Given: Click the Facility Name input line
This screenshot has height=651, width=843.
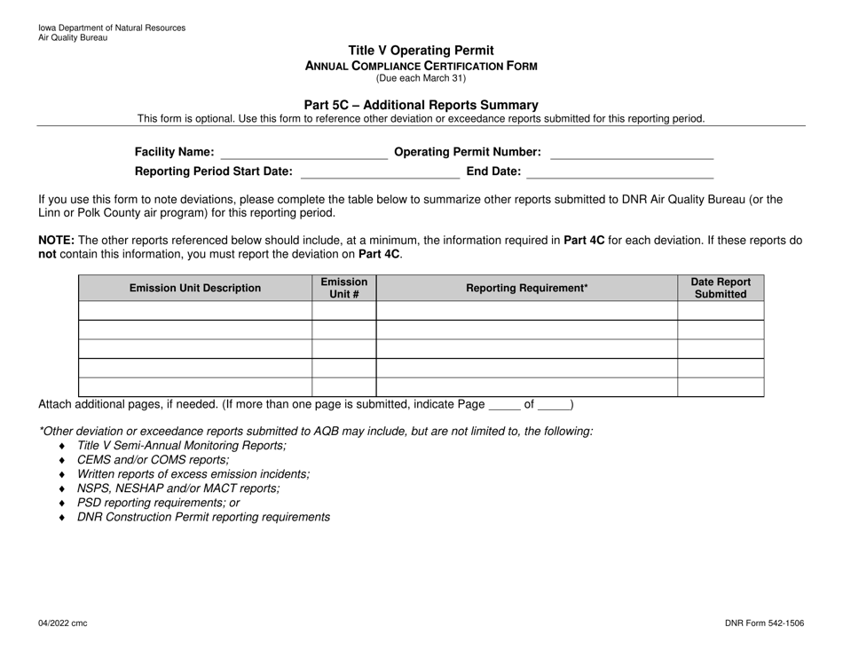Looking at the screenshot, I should pos(303,152).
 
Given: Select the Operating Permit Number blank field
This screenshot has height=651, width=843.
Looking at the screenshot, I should pos(632,152).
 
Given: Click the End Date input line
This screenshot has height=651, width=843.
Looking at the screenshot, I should pos(620,171).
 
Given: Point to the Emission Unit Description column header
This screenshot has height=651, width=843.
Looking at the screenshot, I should pos(195,288).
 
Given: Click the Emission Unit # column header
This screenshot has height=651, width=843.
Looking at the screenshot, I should pos(344,288).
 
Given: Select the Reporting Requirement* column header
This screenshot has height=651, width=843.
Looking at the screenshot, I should pos(527,288).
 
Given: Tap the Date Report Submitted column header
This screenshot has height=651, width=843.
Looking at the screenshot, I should pos(721,288).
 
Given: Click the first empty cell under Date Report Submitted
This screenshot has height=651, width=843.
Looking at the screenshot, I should pos(721,311).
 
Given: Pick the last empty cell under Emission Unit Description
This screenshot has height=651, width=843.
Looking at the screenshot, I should pos(195,386).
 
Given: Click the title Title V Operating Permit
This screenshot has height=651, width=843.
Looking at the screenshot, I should pos(421,51).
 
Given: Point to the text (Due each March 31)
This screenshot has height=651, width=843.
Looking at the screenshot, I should pos(421,78).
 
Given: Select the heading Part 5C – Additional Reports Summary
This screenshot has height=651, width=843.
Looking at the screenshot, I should pos(421,105).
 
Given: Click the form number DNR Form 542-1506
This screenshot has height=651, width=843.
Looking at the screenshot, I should pos(764,624).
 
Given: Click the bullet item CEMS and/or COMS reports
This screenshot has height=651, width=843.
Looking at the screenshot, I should pos(153,460).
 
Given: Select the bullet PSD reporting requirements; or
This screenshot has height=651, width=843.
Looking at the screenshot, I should pos(158,503).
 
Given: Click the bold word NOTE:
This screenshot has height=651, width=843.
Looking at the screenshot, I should pos(56,240).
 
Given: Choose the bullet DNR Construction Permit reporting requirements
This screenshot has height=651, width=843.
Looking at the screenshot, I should pos(203,517).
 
